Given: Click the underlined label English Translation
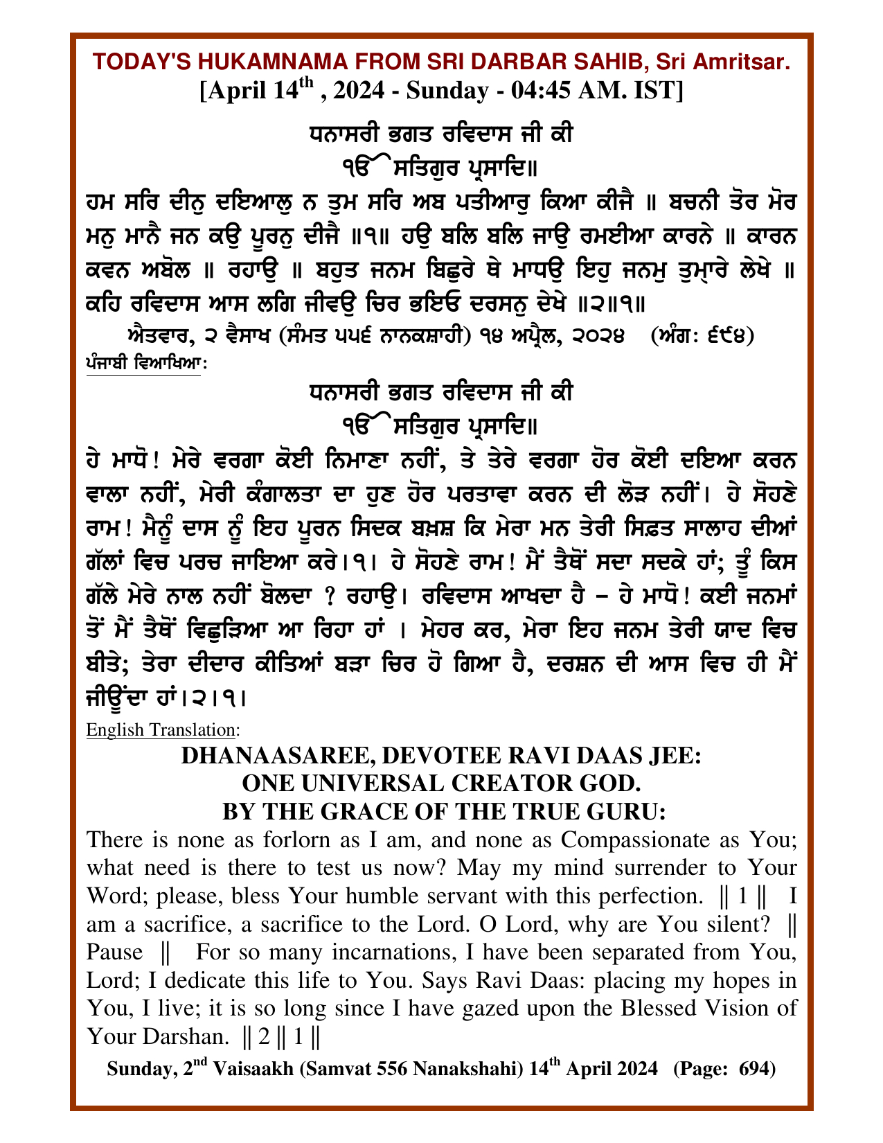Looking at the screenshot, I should click(x=161, y=729).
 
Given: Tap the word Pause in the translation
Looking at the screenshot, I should click(x=114, y=952).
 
